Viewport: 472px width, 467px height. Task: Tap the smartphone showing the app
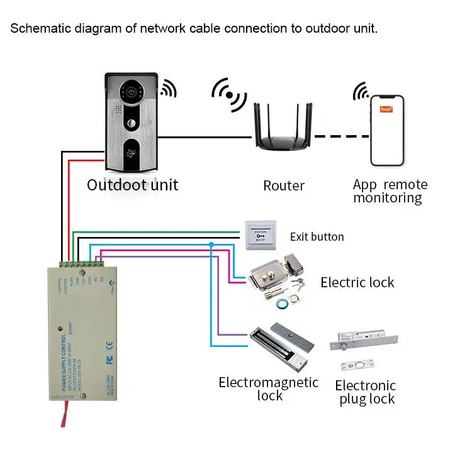(386, 131)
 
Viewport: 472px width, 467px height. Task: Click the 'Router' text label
(284, 186)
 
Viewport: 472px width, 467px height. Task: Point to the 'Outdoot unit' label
(132, 185)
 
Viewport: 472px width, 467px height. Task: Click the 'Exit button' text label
(317, 237)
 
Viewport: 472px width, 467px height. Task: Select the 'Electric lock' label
(357, 282)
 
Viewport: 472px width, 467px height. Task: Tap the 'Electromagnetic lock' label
(269, 389)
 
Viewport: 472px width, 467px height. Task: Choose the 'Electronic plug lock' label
(365, 392)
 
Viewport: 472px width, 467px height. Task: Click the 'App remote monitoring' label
(390, 191)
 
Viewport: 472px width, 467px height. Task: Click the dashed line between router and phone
(340, 136)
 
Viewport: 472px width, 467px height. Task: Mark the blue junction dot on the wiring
(211, 244)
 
